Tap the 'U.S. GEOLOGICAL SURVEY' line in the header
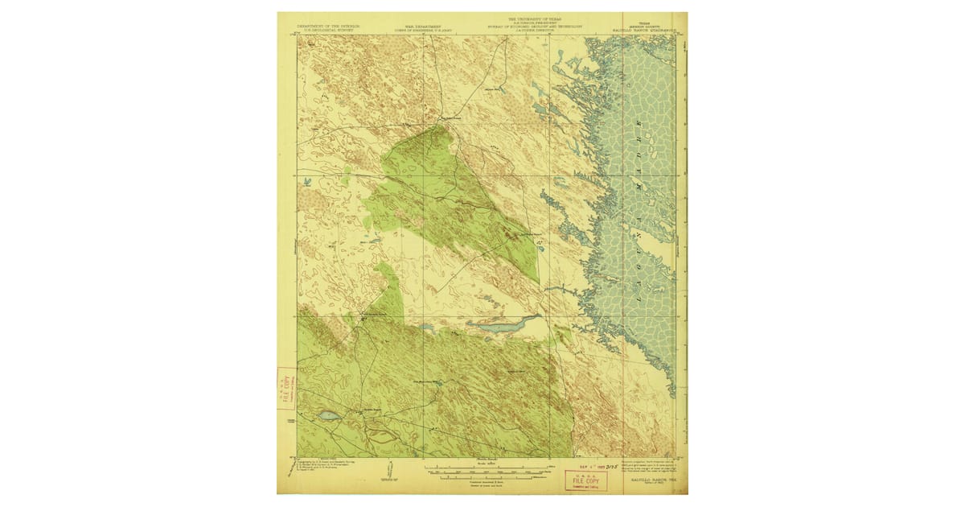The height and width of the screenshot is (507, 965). (325, 31)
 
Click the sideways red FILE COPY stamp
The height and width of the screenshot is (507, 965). (285, 389)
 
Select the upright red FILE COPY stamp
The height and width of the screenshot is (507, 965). (585, 480)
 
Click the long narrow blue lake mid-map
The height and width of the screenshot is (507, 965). (499, 325)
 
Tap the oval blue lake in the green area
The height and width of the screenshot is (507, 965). (329, 416)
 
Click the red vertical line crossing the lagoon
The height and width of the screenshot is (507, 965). (626, 241)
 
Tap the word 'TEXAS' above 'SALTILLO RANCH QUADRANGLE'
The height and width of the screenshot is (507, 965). (643, 23)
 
